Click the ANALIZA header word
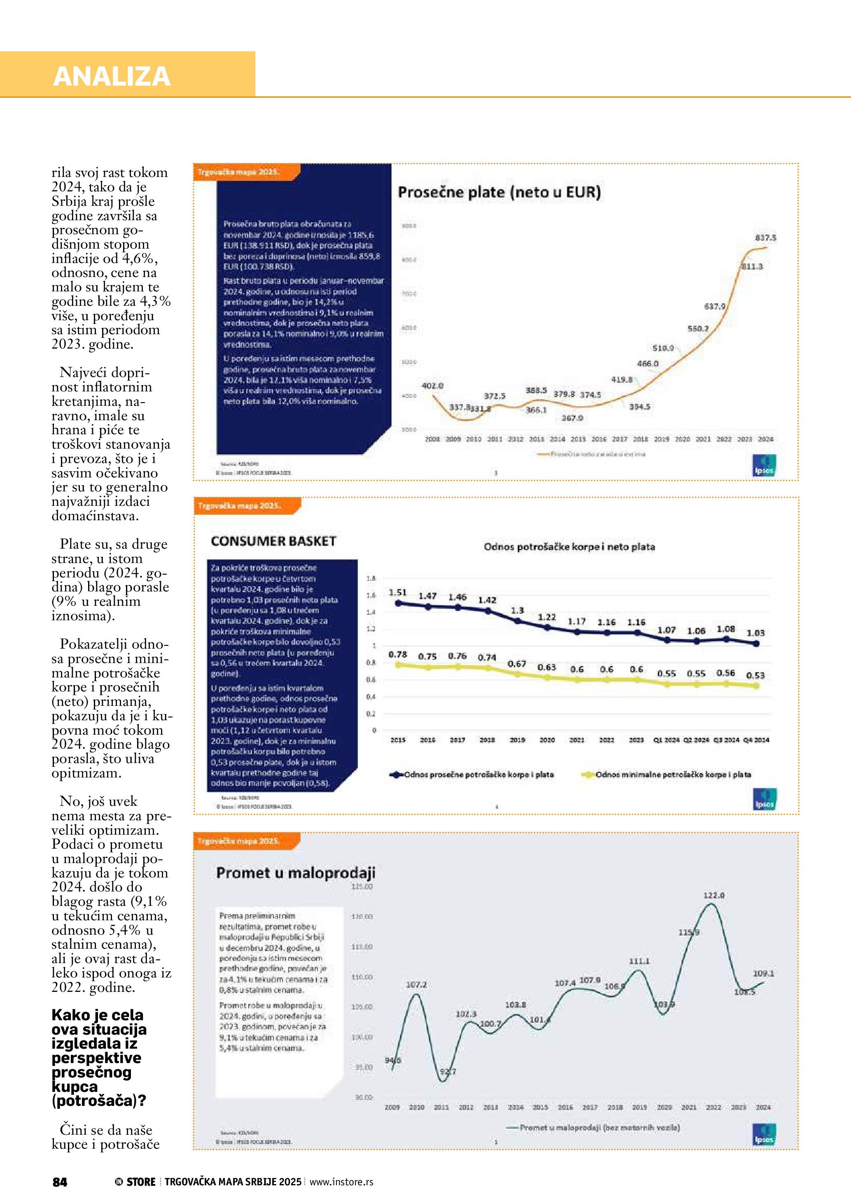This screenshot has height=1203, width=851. (x=112, y=76)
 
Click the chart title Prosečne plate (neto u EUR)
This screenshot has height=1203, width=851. (x=499, y=192)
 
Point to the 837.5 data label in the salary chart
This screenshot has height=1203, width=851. (x=765, y=238)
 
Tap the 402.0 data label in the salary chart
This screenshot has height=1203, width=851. (x=432, y=386)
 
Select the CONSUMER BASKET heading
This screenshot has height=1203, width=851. (x=273, y=541)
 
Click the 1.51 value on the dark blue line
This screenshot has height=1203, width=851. (x=398, y=593)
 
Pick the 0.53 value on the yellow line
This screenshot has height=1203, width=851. (x=755, y=675)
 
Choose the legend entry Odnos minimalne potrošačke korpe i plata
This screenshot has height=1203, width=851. (x=673, y=775)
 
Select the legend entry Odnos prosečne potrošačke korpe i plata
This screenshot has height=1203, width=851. (x=478, y=775)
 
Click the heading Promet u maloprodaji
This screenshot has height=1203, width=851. (x=296, y=873)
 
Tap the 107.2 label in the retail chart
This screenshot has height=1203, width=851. (x=416, y=984)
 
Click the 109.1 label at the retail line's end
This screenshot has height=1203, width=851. (x=763, y=973)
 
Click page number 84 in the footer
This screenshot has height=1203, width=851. (x=60, y=1182)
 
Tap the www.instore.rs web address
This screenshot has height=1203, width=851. (x=341, y=1182)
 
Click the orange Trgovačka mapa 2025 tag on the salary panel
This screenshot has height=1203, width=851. (x=239, y=172)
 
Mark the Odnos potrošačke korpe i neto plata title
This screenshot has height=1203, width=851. (x=569, y=547)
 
